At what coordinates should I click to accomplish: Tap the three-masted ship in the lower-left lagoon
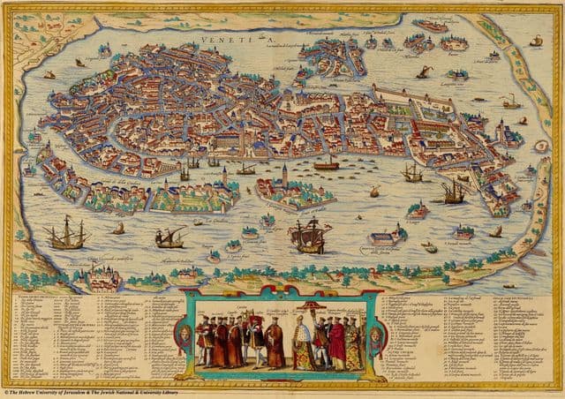69,234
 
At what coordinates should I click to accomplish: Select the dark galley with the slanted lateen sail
169,237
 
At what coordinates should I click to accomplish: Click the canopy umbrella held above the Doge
309,306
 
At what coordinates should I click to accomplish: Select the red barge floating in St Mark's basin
326,163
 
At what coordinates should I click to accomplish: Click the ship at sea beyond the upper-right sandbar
536,41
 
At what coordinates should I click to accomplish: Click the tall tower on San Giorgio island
285,173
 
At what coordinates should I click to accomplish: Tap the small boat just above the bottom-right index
508,285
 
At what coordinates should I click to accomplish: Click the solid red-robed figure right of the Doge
336,344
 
